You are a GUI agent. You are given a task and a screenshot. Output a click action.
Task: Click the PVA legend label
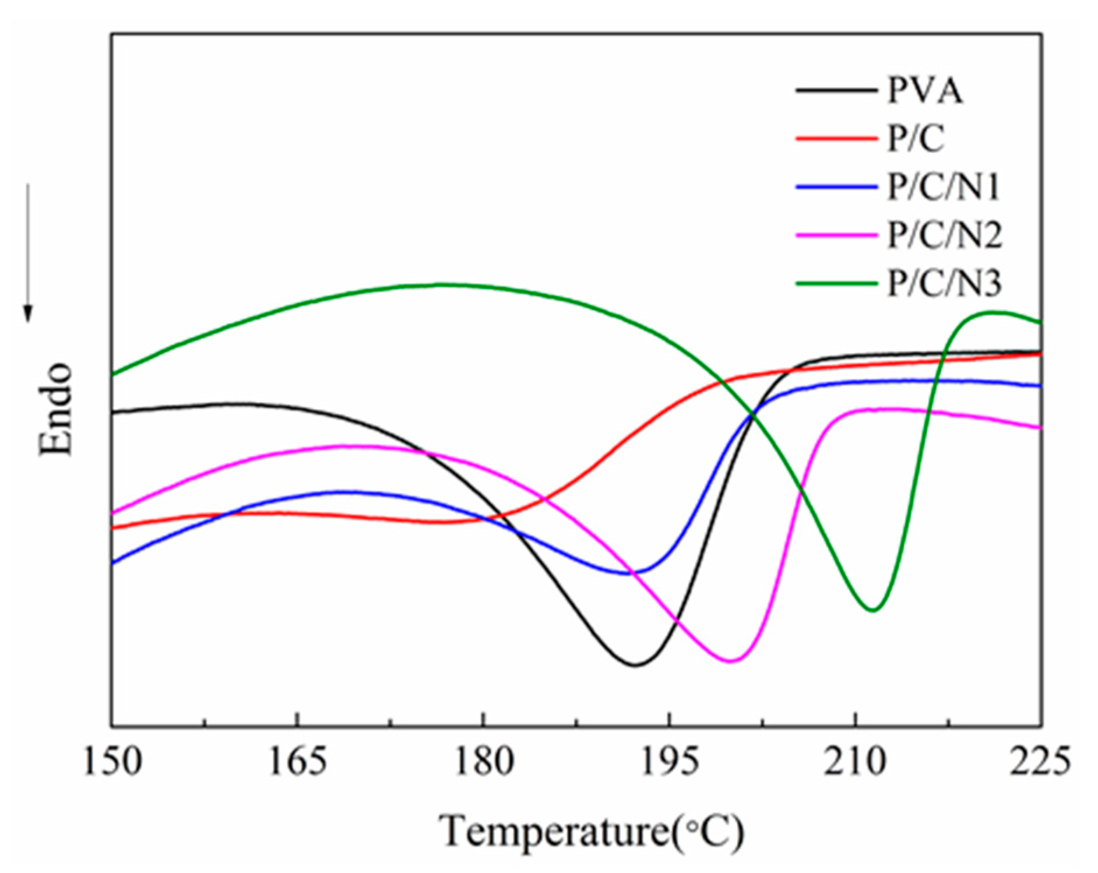point(924,91)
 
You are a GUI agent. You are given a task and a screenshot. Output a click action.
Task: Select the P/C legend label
point(914,139)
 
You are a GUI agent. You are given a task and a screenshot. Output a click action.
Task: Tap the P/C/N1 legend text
point(943,188)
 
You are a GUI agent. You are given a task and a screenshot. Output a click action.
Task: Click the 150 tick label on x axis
point(112,762)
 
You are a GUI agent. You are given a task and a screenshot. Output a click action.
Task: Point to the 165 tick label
point(297,762)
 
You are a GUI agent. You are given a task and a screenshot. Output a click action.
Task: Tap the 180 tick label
point(483,762)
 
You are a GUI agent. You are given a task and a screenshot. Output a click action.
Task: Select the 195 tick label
point(669,762)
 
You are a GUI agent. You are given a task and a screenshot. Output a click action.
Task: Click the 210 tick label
point(855,762)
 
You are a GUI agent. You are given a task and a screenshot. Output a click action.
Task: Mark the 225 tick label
point(1040,762)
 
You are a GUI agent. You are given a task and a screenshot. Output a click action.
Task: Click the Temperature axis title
point(592,831)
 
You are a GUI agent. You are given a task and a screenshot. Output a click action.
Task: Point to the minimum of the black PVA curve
point(636,665)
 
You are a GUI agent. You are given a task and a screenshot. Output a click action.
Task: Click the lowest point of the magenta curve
point(731,661)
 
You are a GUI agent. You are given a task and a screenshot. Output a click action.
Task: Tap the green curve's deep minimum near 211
point(872,610)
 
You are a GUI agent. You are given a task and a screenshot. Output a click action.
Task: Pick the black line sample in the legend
point(836,91)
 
